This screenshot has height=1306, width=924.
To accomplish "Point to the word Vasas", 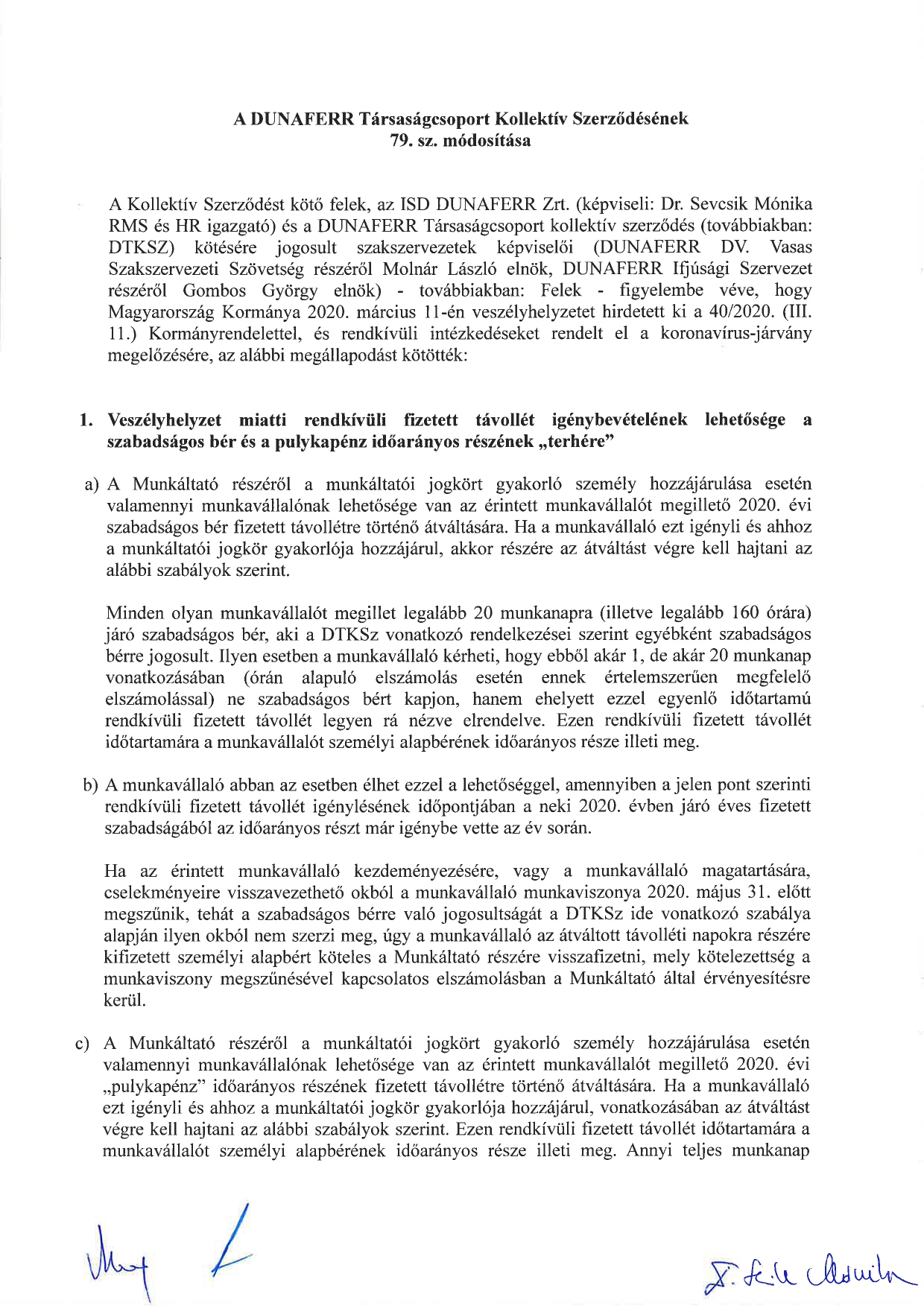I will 791,247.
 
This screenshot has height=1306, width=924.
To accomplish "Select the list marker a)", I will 92,485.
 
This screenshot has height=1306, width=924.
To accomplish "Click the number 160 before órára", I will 747,614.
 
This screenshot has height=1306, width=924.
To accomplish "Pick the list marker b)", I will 91,785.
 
